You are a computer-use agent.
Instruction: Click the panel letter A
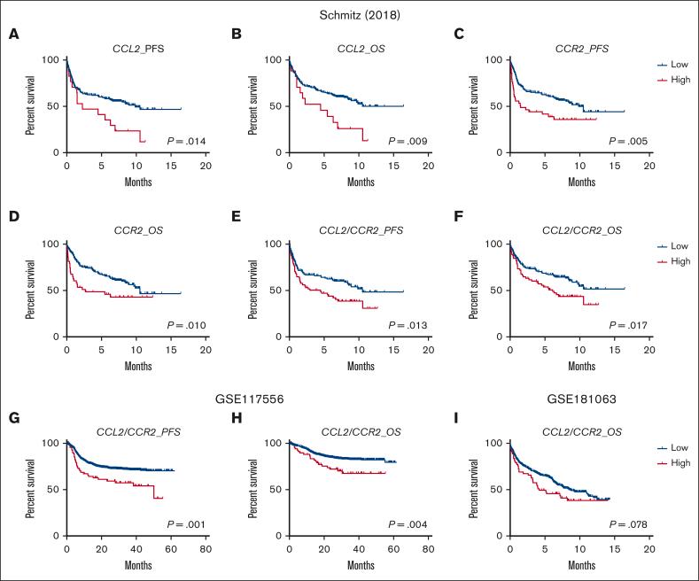click(x=15, y=35)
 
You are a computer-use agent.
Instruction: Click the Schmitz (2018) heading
click(x=349, y=12)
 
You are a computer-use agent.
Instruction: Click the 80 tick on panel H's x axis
click(x=427, y=549)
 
